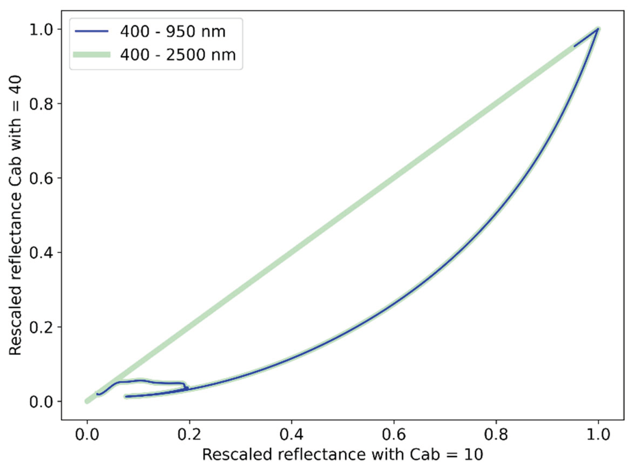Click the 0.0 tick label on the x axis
(87, 434)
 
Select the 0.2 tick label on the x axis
(189, 434)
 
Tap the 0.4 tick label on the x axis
(291, 434)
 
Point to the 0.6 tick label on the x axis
(394, 434)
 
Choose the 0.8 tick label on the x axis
(496, 434)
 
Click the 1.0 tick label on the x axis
(598, 434)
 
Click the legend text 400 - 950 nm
(173, 31)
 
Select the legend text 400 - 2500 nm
(178, 55)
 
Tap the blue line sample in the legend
(92, 31)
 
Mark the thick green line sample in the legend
(92, 55)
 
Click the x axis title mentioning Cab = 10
(343, 455)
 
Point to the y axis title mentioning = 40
(15, 215)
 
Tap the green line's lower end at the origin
(87, 401)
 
